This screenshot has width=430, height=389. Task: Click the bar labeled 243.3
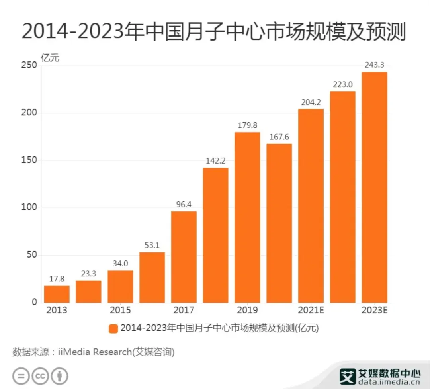tap(374, 187)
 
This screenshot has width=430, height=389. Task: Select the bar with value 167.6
tap(279, 223)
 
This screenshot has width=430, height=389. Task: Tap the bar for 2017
tap(184, 257)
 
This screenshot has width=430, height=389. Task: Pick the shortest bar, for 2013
tap(57, 294)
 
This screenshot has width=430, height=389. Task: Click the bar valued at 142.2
tap(216, 235)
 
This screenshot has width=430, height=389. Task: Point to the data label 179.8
tap(247, 126)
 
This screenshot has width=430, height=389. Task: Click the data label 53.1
tap(152, 246)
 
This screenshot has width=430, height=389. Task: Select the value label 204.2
tap(311, 102)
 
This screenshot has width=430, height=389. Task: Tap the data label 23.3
tap(88, 274)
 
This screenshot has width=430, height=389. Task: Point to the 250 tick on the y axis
tap(29, 66)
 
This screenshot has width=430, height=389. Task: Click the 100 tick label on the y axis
tap(29, 208)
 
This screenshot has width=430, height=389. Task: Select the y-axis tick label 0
tap(34, 302)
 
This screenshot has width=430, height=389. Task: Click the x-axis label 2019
tap(247, 310)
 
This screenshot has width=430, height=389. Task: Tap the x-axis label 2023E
tap(374, 310)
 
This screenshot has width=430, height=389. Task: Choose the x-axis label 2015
tap(120, 310)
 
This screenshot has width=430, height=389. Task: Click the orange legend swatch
tap(113, 328)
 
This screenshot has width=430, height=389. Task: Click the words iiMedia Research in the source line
tap(94, 352)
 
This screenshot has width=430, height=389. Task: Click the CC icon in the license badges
tap(40, 376)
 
